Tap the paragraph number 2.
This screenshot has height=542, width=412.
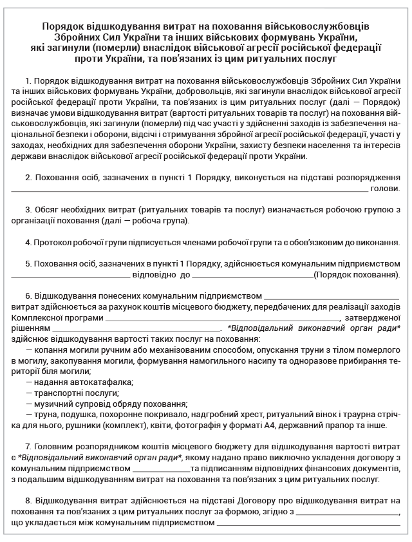tap(29, 177)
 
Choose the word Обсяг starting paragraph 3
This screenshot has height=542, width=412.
tap(49, 210)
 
